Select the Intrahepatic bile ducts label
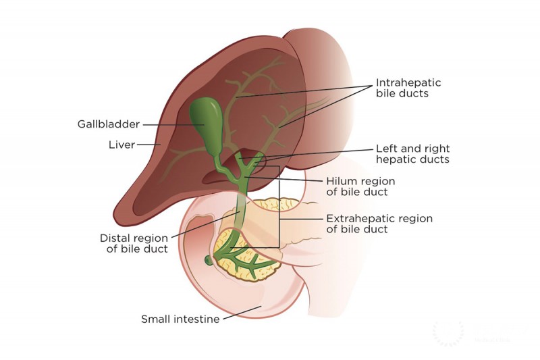click(x=408, y=88)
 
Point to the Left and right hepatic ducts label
click(x=413, y=154)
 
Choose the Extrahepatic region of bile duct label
click(x=379, y=224)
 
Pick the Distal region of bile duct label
click(x=137, y=243)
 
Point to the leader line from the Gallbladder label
click(x=165, y=125)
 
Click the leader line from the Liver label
click(x=148, y=144)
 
